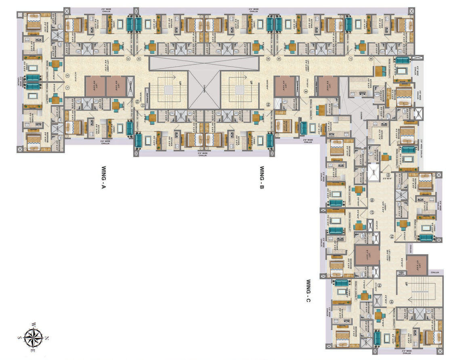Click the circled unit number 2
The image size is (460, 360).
(67, 75)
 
